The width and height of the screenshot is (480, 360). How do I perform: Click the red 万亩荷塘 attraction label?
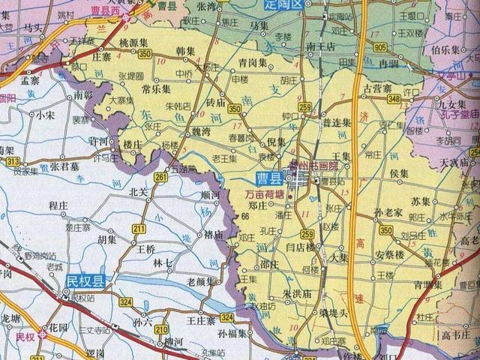coord(265,193)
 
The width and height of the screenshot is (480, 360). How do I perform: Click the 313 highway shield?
coord(12,161)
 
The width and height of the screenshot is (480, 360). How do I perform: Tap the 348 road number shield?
coord(394,99)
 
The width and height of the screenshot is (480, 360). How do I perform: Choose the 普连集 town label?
coord(337,121)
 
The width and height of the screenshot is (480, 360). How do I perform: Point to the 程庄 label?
coord(58,204)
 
